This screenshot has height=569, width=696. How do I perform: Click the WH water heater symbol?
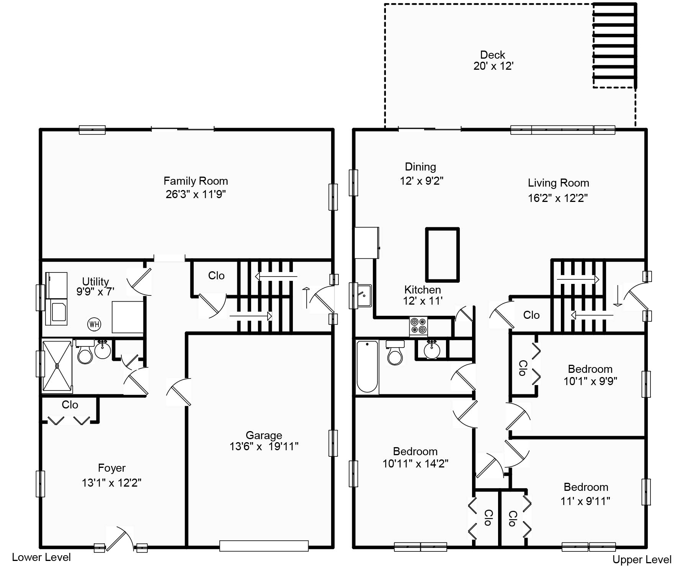(94, 325)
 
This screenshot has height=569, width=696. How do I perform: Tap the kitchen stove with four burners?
(418, 326)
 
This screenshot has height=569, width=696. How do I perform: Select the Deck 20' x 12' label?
(493, 61)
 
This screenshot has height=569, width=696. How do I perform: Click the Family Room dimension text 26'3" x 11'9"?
(196, 194)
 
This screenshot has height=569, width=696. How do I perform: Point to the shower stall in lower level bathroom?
(57, 366)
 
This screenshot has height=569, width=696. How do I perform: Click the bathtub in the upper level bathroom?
(367, 367)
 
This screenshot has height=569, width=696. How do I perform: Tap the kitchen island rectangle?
(442, 254)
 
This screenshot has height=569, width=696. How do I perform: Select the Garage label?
(264, 435)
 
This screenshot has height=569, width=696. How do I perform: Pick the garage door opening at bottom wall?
(264, 546)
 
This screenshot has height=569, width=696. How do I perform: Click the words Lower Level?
(41, 557)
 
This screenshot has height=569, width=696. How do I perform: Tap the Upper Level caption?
(642, 559)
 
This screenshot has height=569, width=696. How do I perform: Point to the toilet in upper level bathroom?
(395, 353)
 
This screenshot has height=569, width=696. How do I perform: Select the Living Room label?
(558, 183)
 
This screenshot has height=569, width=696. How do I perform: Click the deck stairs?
(614, 45)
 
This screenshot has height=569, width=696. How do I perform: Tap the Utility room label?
(95, 281)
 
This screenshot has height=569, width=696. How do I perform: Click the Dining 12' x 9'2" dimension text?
(422, 181)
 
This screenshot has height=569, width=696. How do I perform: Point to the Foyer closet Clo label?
(70, 405)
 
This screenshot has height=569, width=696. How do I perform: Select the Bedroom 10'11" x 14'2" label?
(415, 457)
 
